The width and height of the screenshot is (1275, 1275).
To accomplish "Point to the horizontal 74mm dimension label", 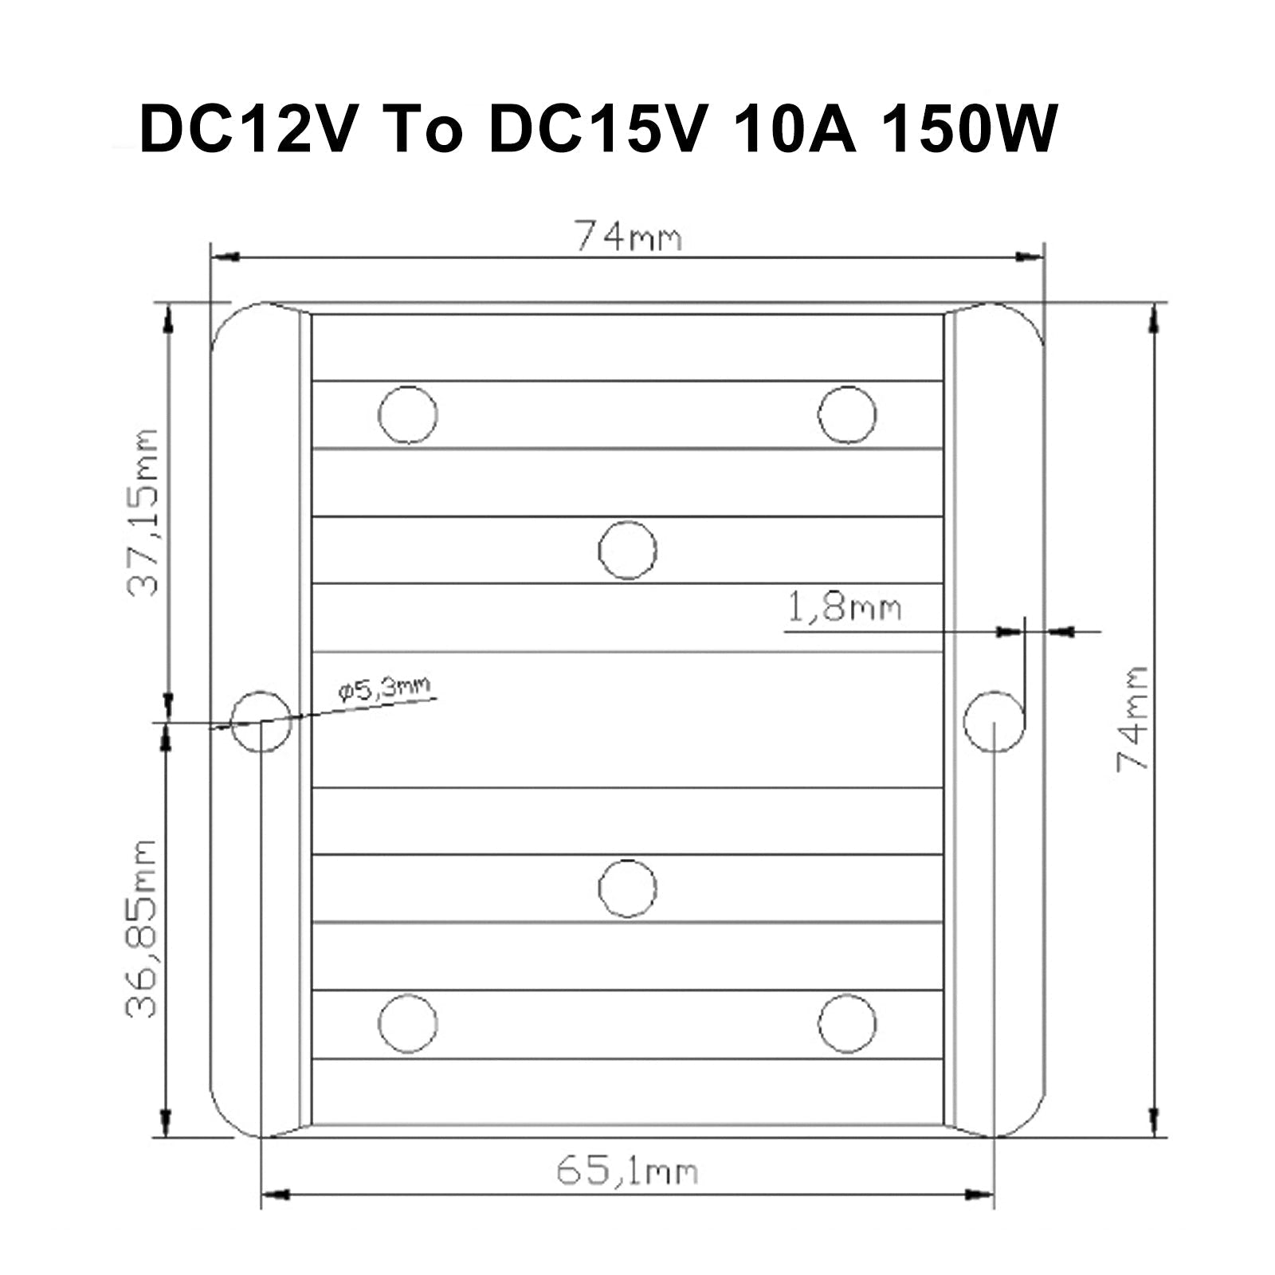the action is coord(629,236).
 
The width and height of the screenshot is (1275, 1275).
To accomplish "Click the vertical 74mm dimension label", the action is coord(1132,718).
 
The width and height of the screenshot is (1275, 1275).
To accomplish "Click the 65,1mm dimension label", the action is coord(626,1171).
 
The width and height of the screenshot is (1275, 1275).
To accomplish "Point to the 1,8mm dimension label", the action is coord(845,609).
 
